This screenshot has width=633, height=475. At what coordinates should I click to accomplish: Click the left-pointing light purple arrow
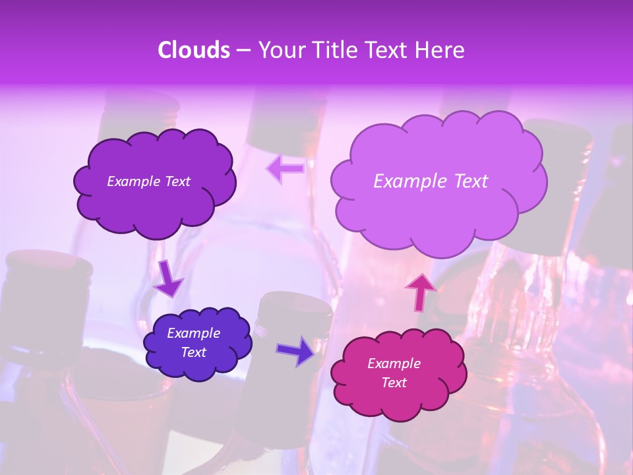pyautogui.click(x=286, y=169)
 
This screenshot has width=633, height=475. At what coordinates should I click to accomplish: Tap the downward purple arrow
pyautogui.click(x=169, y=278)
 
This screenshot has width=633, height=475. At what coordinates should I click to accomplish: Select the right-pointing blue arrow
pyautogui.click(x=296, y=350)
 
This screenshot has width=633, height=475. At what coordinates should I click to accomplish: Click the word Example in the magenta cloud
pyautogui.click(x=394, y=364)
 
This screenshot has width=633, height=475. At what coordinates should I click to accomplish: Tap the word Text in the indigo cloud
pyautogui.click(x=194, y=352)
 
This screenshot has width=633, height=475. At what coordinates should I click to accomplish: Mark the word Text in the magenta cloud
pyautogui.click(x=394, y=383)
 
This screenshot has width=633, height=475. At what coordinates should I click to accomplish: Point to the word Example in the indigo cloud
pyautogui.click(x=193, y=333)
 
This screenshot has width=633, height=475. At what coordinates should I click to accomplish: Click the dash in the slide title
pyautogui.click(x=243, y=50)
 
